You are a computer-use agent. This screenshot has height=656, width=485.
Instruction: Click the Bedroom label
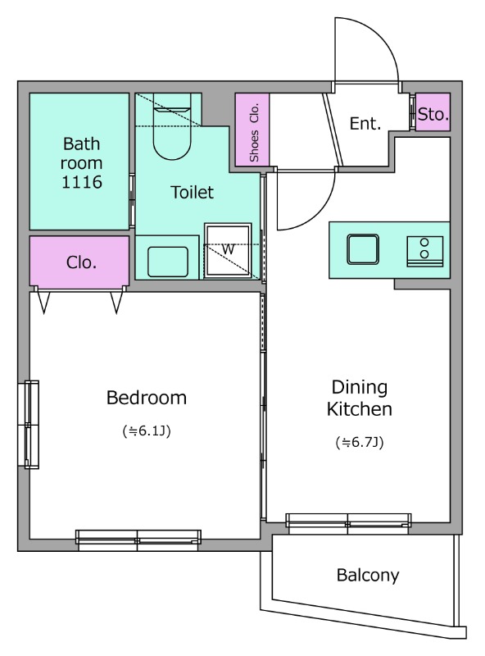(x=147, y=398)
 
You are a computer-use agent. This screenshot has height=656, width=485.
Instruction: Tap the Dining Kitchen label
(x=359, y=398)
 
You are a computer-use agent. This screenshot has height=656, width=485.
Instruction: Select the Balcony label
(x=368, y=576)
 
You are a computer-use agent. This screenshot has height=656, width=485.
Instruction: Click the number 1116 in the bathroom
(x=82, y=182)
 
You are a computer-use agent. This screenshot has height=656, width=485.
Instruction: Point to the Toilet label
(x=192, y=192)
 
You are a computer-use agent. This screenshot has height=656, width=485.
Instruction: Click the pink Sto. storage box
(x=433, y=112)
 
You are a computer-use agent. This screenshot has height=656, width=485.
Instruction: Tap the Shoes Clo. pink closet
(x=252, y=130)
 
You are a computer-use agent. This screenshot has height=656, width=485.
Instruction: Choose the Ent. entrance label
(x=365, y=124)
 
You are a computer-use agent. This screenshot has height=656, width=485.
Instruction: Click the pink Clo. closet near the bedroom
(x=79, y=262)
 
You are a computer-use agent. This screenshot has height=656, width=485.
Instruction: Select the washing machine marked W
(x=228, y=251)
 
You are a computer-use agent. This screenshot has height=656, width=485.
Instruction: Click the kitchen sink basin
(x=363, y=249)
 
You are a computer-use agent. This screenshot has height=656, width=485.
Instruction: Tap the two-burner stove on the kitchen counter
(x=425, y=251)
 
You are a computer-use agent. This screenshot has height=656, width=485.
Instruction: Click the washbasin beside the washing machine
(x=168, y=262)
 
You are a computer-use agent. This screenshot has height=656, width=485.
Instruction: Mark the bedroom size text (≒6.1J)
(x=147, y=431)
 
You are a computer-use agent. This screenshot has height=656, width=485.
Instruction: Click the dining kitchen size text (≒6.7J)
(x=360, y=442)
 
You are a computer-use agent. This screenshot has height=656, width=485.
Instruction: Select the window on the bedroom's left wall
(x=29, y=424)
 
